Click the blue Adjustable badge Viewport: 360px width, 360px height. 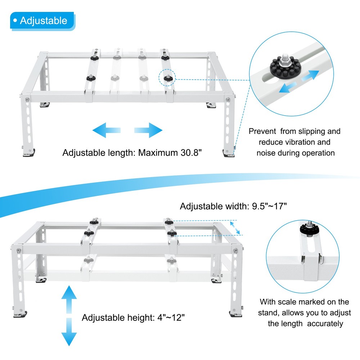point(42,21)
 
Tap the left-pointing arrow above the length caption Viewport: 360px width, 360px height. point(106,130)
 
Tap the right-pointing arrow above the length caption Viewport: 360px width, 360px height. point(148,130)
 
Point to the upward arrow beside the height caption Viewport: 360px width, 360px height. point(69,300)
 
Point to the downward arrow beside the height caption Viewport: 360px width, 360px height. point(69,332)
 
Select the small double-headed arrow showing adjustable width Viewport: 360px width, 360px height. point(235,228)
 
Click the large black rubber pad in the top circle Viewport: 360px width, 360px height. point(285,67)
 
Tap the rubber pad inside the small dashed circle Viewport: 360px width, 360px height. point(168,78)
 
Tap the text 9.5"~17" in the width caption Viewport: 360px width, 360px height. point(269,206)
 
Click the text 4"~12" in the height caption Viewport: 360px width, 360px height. point(171,318)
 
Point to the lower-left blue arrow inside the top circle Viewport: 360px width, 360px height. point(288,88)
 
